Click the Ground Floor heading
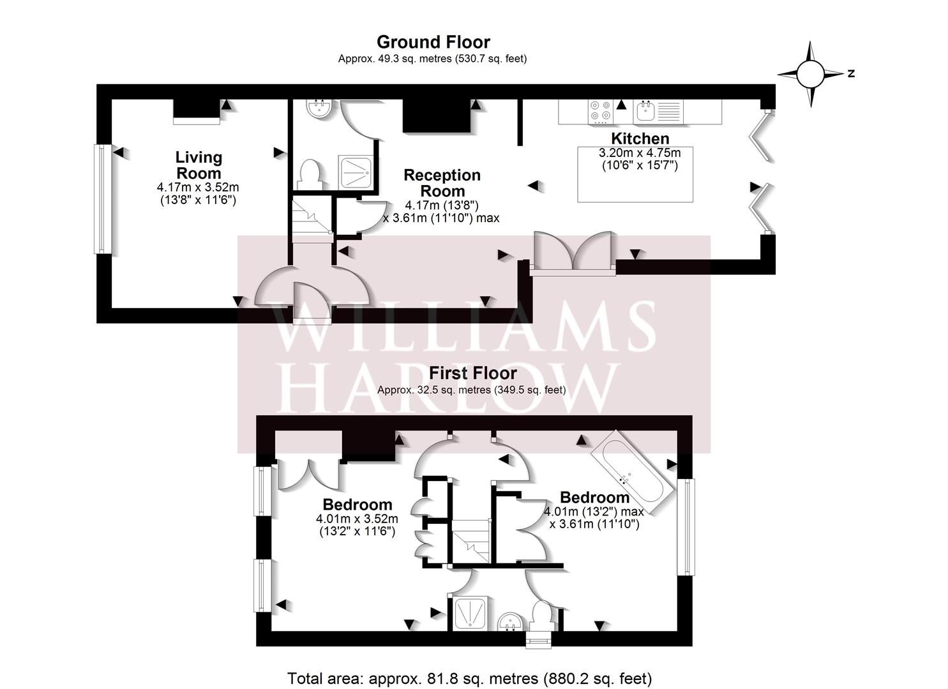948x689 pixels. (433, 42)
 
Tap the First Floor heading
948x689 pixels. (473, 373)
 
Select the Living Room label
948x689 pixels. (199, 165)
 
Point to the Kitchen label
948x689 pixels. (640, 138)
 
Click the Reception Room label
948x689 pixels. (442, 182)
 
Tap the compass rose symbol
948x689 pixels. (811, 74)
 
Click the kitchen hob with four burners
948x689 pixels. (601, 112)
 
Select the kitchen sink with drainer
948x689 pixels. (659, 112)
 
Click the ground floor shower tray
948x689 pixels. (356, 172)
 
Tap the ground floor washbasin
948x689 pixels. (320, 108)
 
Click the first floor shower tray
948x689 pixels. (470, 613)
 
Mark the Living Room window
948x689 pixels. (103, 199)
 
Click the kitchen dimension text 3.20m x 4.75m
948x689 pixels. (640, 152)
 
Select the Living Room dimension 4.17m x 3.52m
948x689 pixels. (198, 186)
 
